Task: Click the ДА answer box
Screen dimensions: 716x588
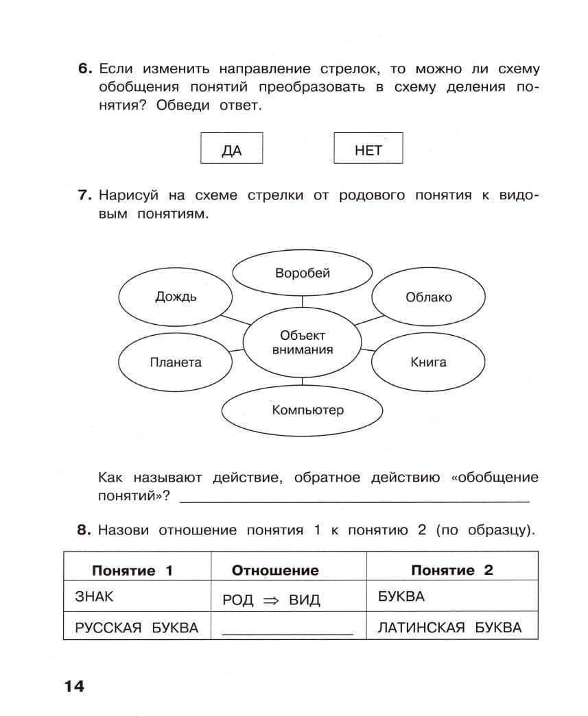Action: (231, 148)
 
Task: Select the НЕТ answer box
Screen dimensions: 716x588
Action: (368, 148)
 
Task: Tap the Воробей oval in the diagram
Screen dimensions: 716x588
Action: (303, 273)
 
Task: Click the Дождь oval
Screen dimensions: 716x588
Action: (176, 297)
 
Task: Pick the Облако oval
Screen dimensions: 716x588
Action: (428, 297)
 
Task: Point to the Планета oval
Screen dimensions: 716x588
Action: (176, 362)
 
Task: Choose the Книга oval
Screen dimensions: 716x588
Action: (428, 362)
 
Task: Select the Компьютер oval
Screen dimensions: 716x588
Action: (303, 410)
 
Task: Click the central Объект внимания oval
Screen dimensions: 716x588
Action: (303, 343)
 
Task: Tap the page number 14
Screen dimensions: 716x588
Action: (73, 686)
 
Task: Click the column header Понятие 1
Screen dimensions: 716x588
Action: (132, 570)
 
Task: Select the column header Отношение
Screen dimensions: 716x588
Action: (275, 570)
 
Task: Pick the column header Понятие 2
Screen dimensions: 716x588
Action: (451, 570)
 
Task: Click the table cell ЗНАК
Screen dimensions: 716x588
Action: (94, 597)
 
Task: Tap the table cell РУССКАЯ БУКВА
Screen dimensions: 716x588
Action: (137, 628)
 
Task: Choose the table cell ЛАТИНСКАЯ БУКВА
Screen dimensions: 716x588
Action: (449, 628)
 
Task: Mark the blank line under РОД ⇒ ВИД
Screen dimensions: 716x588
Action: (287, 633)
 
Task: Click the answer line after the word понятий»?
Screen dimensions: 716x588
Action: (354, 499)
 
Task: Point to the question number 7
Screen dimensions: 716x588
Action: (84, 196)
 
